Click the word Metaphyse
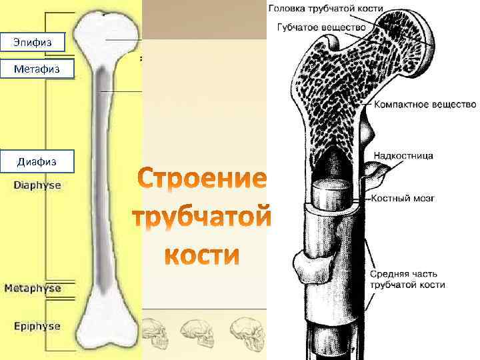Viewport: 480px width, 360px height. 33,289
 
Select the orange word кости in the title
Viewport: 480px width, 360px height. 202,255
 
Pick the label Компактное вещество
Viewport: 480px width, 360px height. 424,105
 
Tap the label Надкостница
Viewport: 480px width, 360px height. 403,156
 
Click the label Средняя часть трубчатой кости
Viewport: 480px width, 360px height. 406,279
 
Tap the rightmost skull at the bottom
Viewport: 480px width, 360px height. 244,329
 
